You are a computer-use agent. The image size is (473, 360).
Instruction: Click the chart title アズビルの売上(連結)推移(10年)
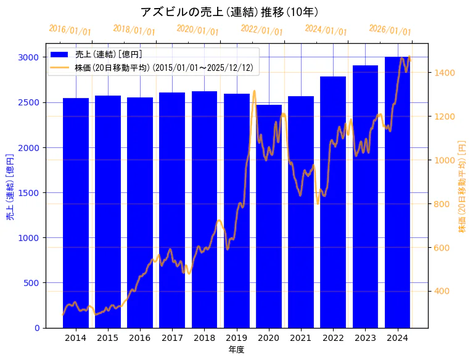point(229,12)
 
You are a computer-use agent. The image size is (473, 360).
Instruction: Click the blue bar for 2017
point(172,210)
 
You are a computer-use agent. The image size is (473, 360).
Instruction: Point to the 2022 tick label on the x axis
point(333,338)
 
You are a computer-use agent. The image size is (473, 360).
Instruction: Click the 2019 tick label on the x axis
point(236,338)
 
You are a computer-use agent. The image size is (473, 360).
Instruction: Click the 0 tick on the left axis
point(37,328)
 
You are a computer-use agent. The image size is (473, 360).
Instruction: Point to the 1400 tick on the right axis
point(444,73)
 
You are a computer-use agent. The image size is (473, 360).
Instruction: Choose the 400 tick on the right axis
point(442,292)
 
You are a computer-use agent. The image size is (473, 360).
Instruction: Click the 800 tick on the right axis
point(442,204)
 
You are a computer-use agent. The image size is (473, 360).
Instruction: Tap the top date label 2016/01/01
point(70,30)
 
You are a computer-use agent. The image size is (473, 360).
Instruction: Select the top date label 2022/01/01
point(261,30)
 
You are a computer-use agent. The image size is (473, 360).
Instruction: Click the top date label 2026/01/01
point(390,30)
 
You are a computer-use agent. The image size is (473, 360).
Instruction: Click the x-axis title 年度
point(236,350)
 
